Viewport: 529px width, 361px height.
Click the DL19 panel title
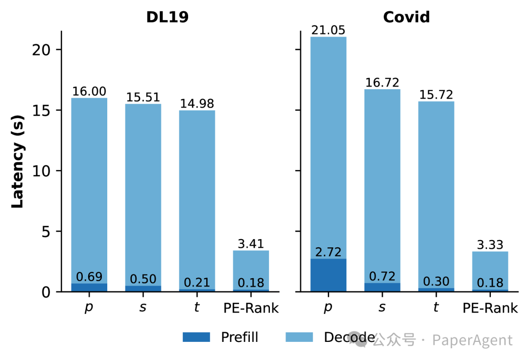[x=167, y=17]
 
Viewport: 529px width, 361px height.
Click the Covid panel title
[x=406, y=17]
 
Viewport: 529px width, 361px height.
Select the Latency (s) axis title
[x=18, y=162]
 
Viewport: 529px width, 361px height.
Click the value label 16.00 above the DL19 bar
[x=89, y=92]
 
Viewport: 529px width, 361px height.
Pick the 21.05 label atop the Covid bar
[x=328, y=30]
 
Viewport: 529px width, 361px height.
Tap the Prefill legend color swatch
[x=196, y=337]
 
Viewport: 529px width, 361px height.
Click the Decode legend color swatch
[x=299, y=337]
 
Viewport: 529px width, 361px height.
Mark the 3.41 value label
[x=251, y=244]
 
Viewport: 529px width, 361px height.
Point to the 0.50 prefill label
[x=143, y=279]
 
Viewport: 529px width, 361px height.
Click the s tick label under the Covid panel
[x=382, y=308]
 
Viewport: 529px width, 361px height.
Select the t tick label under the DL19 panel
[x=197, y=308]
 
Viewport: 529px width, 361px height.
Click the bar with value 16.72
[x=382, y=186]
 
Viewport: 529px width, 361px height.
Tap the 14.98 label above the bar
[x=197, y=104]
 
